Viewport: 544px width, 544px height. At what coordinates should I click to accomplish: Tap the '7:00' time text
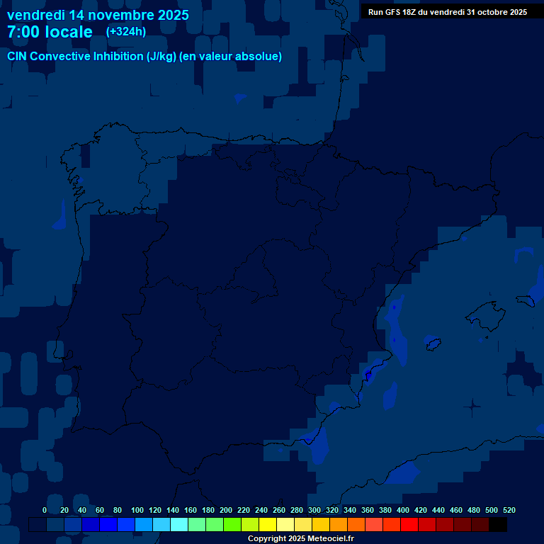click(24, 32)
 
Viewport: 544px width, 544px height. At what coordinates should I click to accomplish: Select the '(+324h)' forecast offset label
click(126, 32)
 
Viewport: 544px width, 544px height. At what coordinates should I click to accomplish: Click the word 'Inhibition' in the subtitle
click(118, 57)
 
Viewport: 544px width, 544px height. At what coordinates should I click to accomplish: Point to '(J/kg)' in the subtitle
click(161, 57)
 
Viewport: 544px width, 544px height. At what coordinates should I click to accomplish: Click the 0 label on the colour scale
click(45, 510)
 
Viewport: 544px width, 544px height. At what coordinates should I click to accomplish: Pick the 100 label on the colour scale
click(137, 510)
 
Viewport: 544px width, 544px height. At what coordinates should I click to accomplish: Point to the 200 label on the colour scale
click(226, 510)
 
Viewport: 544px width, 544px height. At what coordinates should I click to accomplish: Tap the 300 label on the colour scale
click(314, 510)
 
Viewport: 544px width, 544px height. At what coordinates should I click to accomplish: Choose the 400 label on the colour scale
click(403, 510)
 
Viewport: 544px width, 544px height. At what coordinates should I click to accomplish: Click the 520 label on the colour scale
click(509, 510)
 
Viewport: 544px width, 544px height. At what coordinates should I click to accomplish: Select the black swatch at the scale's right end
click(498, 525)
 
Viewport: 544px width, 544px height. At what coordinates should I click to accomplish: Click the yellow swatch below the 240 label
click(268, 525)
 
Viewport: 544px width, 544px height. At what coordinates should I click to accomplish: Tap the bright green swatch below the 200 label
click(232, 525)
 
